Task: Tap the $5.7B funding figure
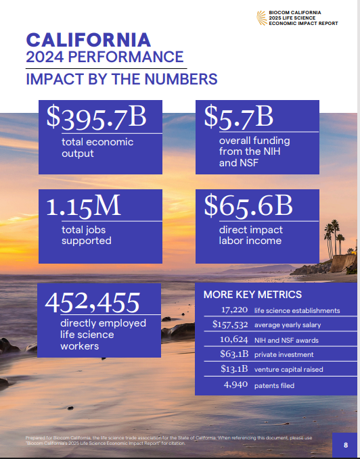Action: (x=239, y=117)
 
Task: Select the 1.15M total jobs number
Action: (x=83, y=206)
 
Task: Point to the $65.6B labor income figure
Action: (x=248, y=206)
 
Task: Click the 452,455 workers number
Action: (x=92, y=301)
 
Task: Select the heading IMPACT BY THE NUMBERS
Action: (x=121, y=79)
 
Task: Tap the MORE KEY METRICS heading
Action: (x=252, y=295)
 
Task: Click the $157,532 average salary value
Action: (x=226, y=325)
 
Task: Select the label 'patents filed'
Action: (x=274, y=386)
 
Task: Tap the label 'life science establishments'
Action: (x=296, y=310)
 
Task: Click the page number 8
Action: (x=345, y=445)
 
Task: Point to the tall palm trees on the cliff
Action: (x=334, y=233)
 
